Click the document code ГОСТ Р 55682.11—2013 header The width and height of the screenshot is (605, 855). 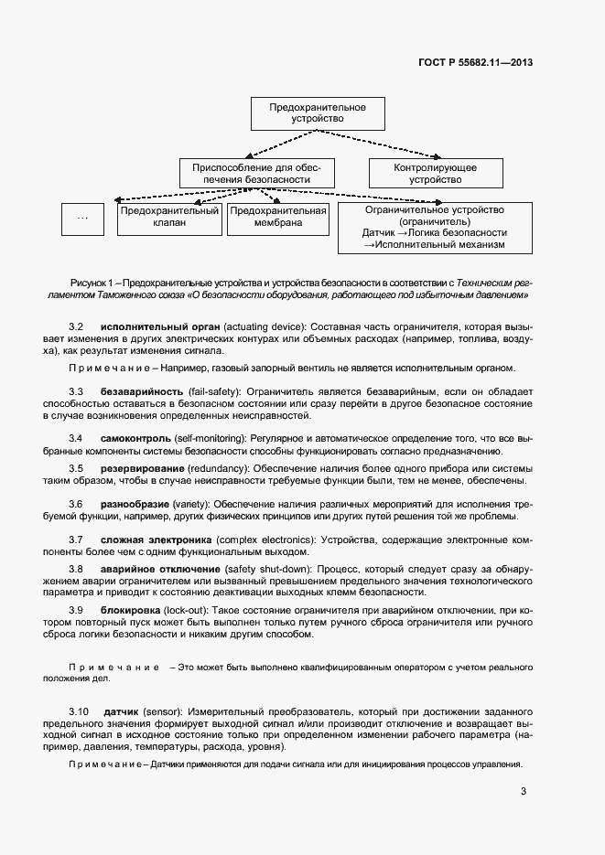[474, 62]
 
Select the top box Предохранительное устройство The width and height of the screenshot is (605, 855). [318, 113]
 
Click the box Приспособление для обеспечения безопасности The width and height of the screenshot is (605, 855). [257, 175]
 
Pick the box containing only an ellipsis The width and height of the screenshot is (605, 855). [84, 217]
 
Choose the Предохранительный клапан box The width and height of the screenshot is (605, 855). [170, 217]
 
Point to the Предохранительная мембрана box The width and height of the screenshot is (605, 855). [278, 217]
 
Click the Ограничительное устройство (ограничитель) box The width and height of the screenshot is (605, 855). [435, 227]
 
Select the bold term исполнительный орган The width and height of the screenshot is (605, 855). [151, 326]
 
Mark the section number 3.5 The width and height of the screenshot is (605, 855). [76, 468]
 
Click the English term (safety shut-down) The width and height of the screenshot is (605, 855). [265, 569]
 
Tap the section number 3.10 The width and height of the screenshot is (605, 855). [79, 711]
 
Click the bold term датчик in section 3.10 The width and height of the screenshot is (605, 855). [121, 711]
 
